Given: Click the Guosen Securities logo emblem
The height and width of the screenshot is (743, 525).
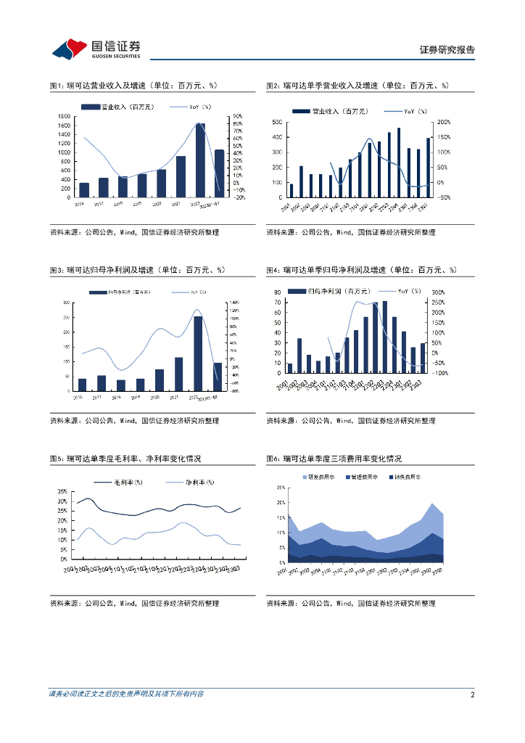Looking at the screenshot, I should (x=69, y=49).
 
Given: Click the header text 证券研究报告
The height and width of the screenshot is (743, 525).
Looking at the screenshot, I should (x=447, y=50).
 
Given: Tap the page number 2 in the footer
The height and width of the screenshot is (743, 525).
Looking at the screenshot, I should (x=472, y=694).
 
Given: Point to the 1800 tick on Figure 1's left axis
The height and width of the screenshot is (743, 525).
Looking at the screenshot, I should (x=65, y=116).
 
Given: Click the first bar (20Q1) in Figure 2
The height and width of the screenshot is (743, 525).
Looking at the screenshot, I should (x=292, y=190).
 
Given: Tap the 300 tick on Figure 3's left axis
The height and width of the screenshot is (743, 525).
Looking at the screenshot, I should (x=67, y=303).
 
